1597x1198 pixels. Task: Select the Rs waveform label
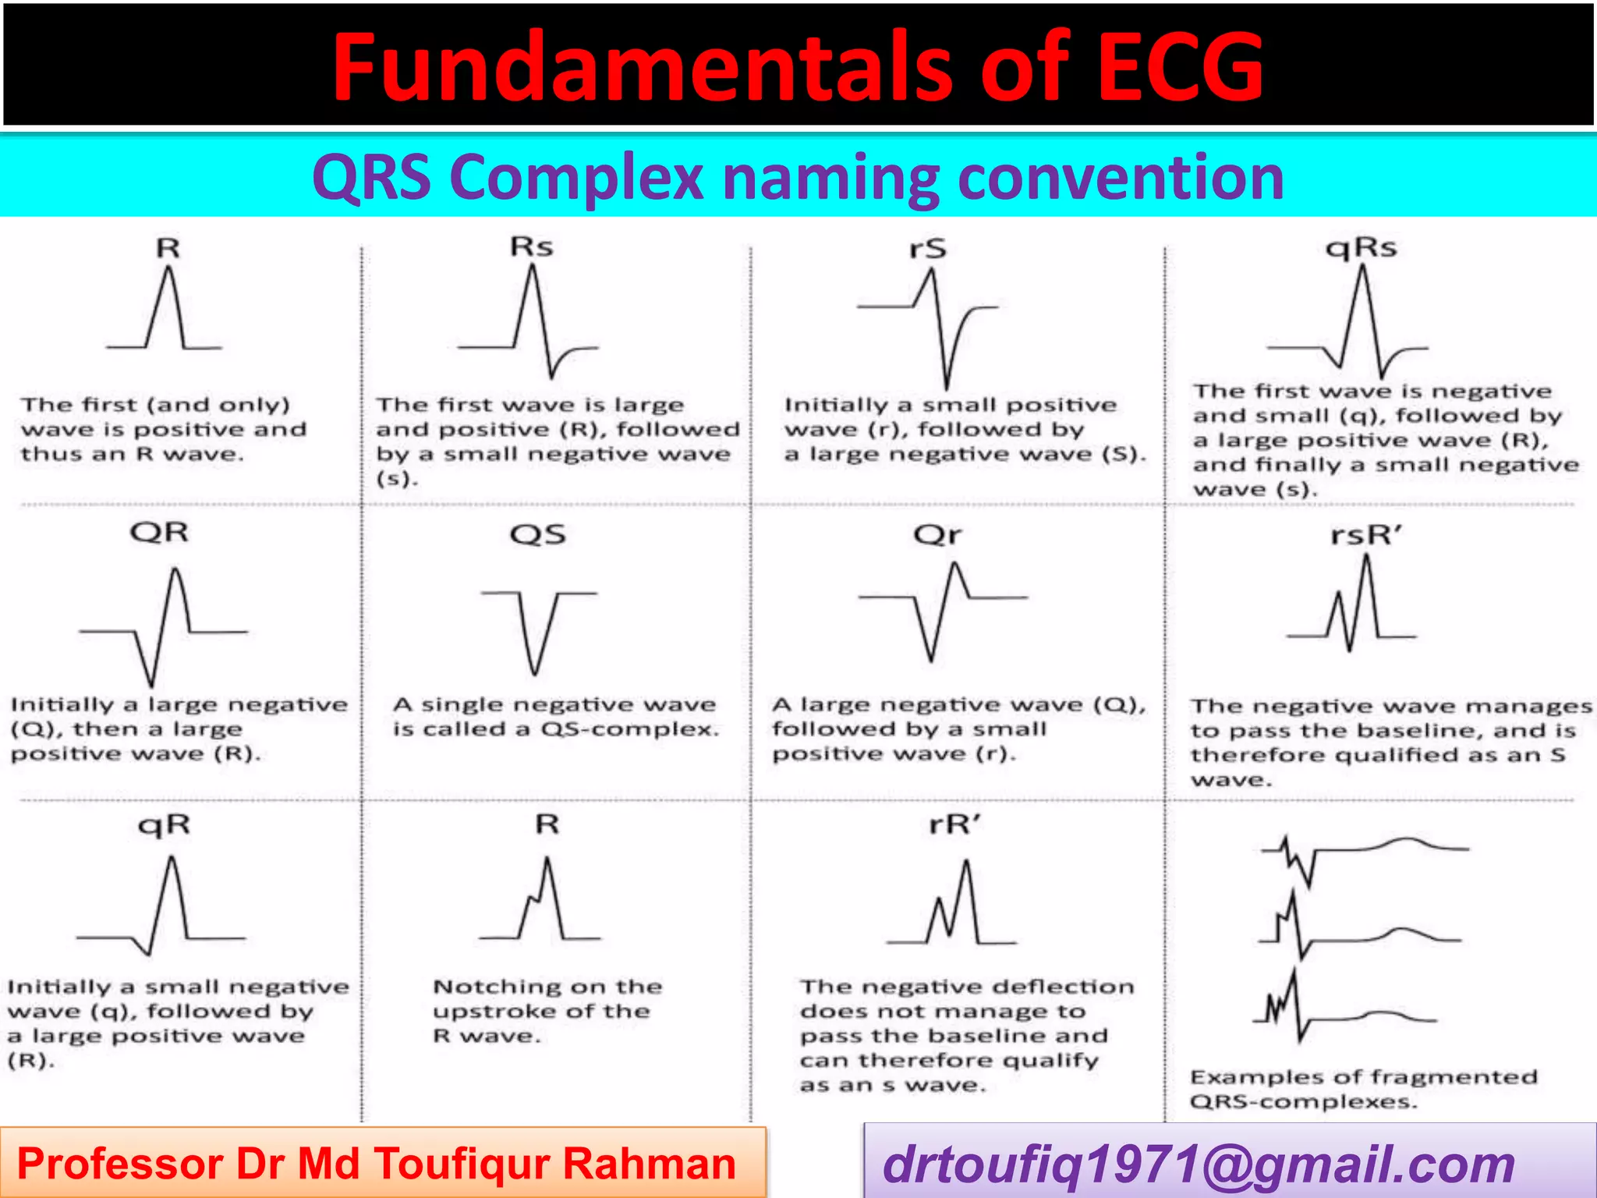coord(531,247)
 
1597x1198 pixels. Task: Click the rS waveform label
coord(927,249)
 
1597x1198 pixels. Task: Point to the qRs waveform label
coord(1362,248)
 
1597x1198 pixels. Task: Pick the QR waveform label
coord(159,533)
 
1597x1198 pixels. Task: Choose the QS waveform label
coord(537,535)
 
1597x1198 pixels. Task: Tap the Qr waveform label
coord(937,535)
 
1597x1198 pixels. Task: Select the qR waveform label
coord(164,824)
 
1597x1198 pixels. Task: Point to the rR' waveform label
coord(955,824)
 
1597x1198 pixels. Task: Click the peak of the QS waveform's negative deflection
coord(534,672)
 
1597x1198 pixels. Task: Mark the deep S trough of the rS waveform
coord(947,387)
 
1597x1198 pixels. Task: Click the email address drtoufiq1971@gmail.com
coord(1199,1164)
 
